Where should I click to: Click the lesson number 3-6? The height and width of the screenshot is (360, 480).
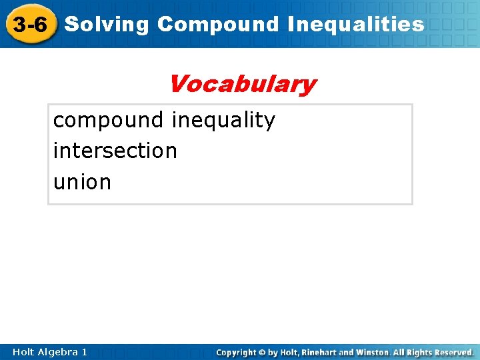(x=30, y=25)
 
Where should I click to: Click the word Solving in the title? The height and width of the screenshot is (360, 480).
(x=107, y=25)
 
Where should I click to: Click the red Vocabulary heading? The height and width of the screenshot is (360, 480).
(x=242, y=85)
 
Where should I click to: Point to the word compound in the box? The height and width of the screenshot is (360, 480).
(x=108, y=121)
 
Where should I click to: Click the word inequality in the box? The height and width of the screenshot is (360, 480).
(x=223, y=121)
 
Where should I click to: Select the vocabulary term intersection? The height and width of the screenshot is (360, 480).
(x=115, y=151)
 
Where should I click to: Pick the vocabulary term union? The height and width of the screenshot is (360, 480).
(x=82, y=182)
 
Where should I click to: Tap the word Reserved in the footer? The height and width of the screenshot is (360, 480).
(x=453, y=352)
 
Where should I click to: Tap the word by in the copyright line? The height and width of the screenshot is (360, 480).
(x=273, y=352)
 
